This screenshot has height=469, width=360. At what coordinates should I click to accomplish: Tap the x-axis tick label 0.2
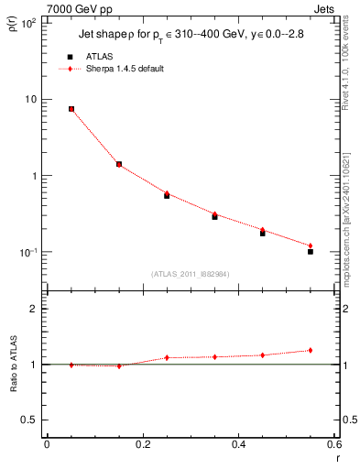point(142,444)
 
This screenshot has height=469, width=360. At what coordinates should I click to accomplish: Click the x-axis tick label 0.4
point(238,444)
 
